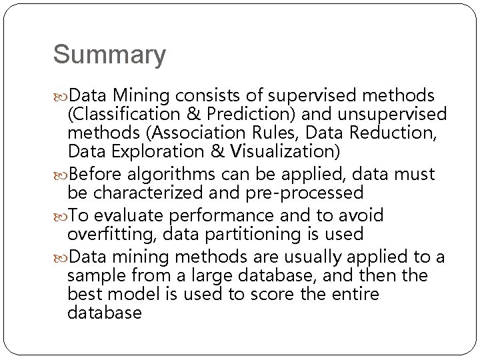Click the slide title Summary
[x=109, y=55]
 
